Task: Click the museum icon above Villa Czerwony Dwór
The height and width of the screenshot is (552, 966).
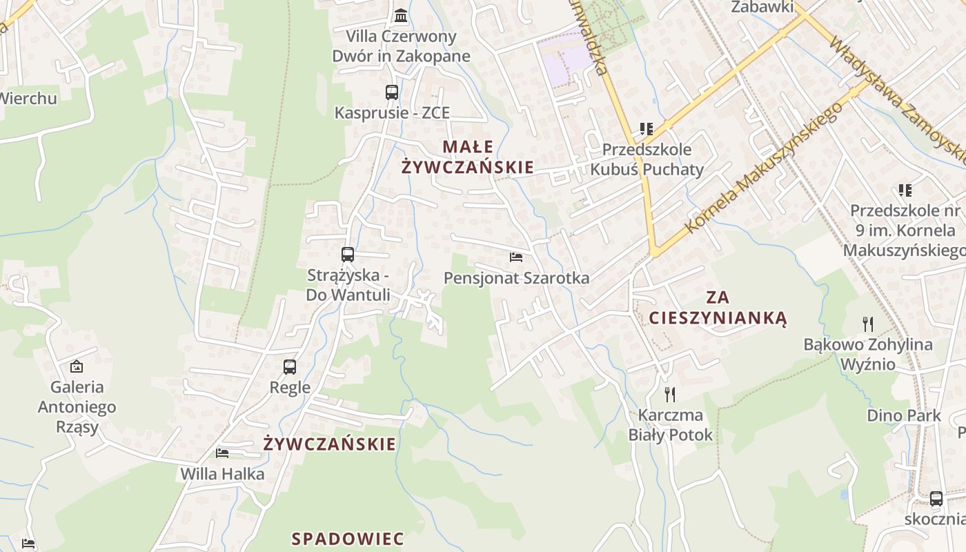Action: pyautogui.click(x=400, y=15)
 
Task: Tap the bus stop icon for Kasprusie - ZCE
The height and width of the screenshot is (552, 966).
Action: pyautogui.click(x=392, y=92)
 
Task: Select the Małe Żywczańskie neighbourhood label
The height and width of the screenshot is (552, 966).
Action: pyautogui.click(x=468, y=157)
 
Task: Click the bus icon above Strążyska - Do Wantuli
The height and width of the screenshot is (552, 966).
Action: pyautogui.click(x=348, y=255)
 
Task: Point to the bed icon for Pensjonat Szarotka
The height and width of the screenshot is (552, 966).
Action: pyautogui.click(x=516, y=257)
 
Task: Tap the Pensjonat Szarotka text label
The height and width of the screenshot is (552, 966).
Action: pyautogui.click(x=516, y=278)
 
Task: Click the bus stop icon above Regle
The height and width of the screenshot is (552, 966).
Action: pyautogui.click(x=290, y=367)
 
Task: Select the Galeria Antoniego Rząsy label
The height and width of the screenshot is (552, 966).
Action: pyautogui.click(x=77, y=407)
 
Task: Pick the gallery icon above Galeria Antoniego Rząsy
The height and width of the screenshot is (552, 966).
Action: pyautogui.click(x=77, y=366)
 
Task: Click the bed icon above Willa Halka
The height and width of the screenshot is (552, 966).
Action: pyautogui.click(x=222, y=453)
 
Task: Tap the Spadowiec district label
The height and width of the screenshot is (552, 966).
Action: pyautogui.click(x=348, y=539)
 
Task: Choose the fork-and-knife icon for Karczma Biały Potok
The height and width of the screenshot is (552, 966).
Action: pyautogui.click(x=669, y=394)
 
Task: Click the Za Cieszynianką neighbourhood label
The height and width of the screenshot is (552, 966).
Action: pyautogui.click(x=718, y=308)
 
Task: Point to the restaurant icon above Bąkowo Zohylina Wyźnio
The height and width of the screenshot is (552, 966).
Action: pyautogui.click(x=868, y=323)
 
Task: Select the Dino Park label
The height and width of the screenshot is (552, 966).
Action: pyautogui.click(x=904, y=415)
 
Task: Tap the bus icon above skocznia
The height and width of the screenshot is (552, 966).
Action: pyautogui.click(x=936, y=499)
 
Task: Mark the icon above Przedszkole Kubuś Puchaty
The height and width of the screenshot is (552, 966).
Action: pyautogui.click(x=646, y=129)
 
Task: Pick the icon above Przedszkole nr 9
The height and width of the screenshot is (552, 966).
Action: pyautogui.click(x=905, y=190)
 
